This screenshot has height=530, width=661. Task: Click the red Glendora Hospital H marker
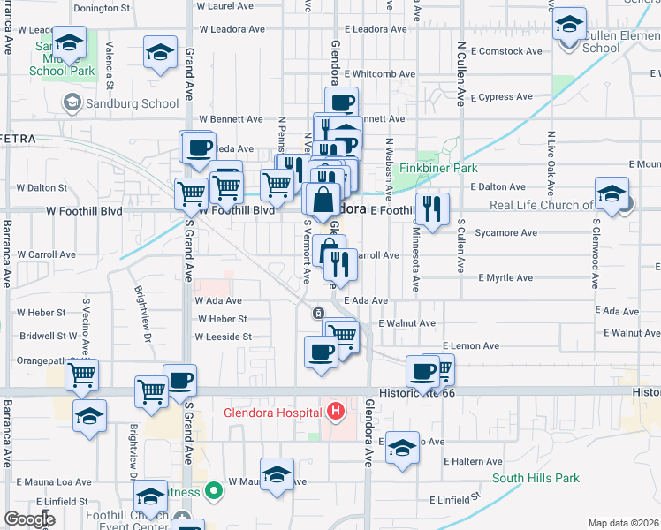tap(336, 412)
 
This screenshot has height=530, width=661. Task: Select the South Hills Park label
tap(536, 478)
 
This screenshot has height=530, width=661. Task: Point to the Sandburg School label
tap(133, 103)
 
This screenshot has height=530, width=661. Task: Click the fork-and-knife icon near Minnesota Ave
tap(431, 209)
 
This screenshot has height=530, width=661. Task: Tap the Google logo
tap(29, 519)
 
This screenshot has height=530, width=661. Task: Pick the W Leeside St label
tap(224, 337)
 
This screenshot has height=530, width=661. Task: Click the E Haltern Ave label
tap(473, 461)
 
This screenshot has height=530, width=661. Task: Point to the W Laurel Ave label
tap(227, 5)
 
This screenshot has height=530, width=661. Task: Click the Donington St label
tap(102, 8)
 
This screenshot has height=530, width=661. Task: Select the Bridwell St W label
tap(49, 336)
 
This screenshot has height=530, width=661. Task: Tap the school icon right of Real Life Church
tap(612, 194)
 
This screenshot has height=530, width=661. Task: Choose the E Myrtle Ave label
tap(505, 277)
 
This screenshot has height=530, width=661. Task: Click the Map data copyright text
tap(624, 523)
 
